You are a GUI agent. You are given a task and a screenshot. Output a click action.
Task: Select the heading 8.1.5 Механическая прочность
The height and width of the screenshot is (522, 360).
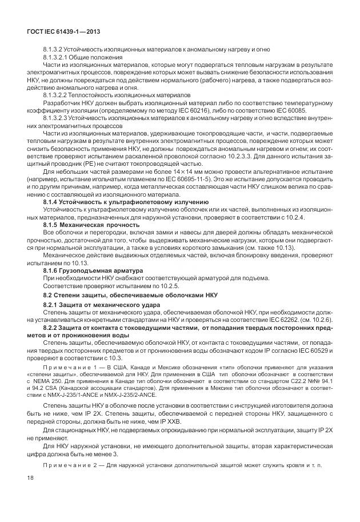click(x=83, y=225)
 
